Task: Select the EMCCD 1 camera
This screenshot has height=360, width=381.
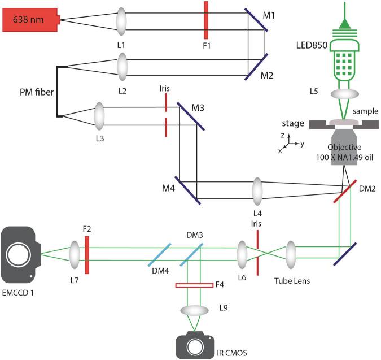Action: click(x=23, y=254)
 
